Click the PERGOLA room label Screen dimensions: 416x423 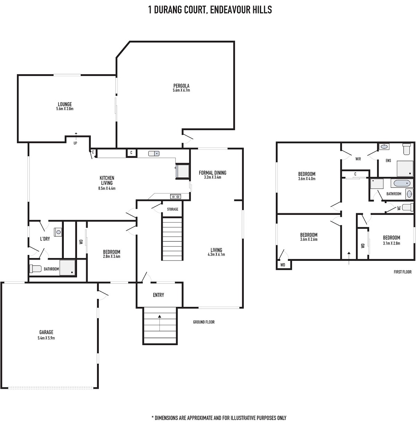pyautogui.click(x=181, y=86)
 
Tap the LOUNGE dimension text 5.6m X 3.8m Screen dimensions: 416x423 pyautogui.click(x=64, y=109)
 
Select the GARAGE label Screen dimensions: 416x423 pyautogui.click(x=46, y=332)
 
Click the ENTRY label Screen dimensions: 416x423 pyautogui.click(x=158, y=295)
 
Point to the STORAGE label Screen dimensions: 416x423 pyautogui.click(x=173, y=209)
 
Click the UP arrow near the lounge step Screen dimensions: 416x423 pyautogui.click(x=76, y=136)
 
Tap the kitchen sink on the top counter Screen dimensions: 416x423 pyautogui.click(x=154, y=153)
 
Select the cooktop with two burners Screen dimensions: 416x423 pyautogui.click(x=175, y=197)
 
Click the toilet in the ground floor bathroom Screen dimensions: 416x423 pyautogui.click(x=35, y=268)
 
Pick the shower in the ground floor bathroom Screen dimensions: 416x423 pyautogui.click(x=68, y=267)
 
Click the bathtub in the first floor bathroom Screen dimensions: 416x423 pyautogui.click(x=402, y=183)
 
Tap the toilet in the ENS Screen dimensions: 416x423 pyautogui.click(x=407, y=149)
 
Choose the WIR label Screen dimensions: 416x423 pyautogui.click(x=358, y=159)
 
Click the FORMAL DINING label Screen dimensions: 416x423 pyautogui.click(x=212, y=173)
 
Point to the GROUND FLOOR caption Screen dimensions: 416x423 pyautogui.click(x=204, y=322)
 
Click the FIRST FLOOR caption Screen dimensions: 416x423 pyautogui.click(x=402, y=272)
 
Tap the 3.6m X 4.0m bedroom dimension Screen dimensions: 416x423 pyautogui.click(x=306, y=179)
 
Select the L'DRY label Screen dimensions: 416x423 pyautogui.click(x=45, y=239)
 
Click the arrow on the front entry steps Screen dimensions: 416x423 pyautogui.click(x=159, y=323)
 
